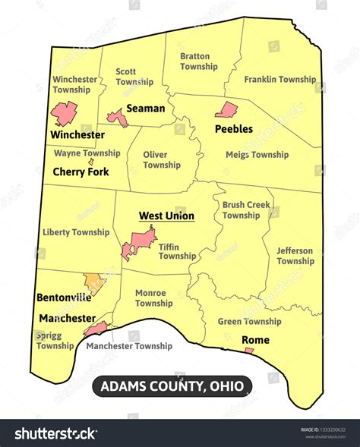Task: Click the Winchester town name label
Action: click(x=77, y=134)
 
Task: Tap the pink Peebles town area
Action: click(x=226, y=111)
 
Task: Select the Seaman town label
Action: click(x=145, y=109)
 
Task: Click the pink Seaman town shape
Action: click(x=117, y=117)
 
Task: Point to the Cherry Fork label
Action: click(x=81, y=172)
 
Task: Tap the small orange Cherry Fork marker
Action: click(x=91, y=161)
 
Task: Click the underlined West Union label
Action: click(x=166, y=216)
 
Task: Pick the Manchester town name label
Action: click(x=68, y=318)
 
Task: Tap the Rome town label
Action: click(x=255, y=340)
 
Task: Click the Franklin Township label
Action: click(x=280, y=80)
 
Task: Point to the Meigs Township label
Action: click(x=257, y=155)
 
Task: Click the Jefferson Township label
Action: click(x=295, y=256)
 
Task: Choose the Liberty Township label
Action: click(x=76, y=232)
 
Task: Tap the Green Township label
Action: click(x=249, y=322)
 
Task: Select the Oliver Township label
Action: click(x=162, y=159)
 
